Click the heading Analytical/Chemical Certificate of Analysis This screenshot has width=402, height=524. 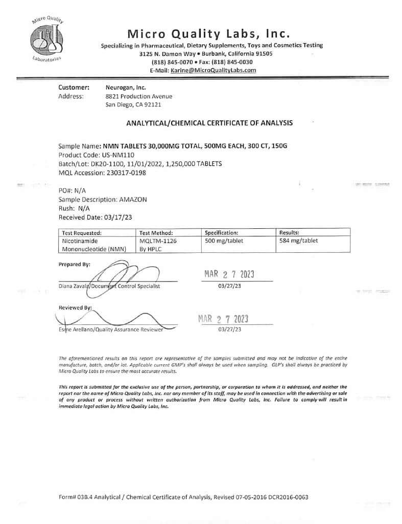pos(209,123)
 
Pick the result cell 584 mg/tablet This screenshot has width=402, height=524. pos(299,241)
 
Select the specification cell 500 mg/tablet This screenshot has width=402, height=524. pos(224,241)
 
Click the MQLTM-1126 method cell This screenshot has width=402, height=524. pos(158,241)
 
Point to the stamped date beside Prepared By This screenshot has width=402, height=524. pos(229,274)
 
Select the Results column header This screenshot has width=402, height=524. pos(289,232)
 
